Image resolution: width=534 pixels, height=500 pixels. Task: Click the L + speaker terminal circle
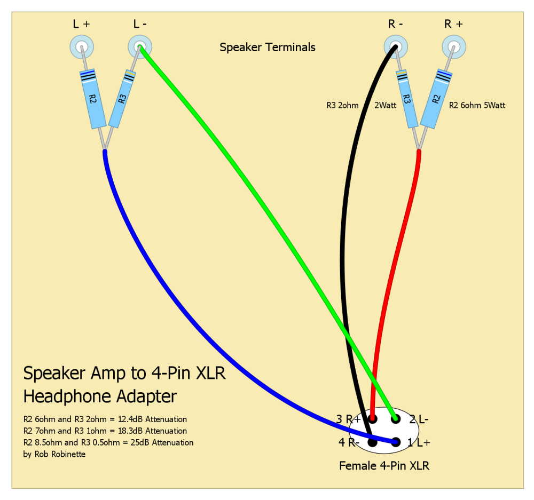click(82, 47)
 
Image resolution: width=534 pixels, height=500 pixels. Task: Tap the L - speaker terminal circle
click(139, 47)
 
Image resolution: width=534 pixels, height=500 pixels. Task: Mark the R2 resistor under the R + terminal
click(437, 98)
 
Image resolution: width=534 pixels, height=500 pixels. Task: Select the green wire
click(267, 224)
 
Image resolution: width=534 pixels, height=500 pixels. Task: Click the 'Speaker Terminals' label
click(268, 47)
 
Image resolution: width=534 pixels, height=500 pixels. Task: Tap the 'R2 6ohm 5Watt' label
click(477, 106)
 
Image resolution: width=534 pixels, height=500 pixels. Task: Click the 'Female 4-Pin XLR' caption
click(384, 466)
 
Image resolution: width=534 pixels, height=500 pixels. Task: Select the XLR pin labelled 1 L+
click(396, 442)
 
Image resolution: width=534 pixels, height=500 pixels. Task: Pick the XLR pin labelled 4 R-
click(372, 442)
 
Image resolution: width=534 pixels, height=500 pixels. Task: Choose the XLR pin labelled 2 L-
click(396, 419)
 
